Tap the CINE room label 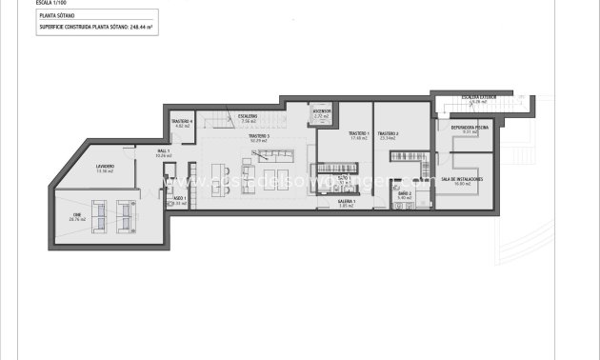pyautogui.click(x=78, y=216)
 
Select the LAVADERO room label pyautogui.click(x=105, y=167)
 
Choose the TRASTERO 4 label pyautogui.click(x=183, y=122)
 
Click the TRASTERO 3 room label pyautogui.click(x=259, y=136)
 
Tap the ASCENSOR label pyautogui.click(x=321, y=111)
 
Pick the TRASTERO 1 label pyautogui.click(x=358, y=133)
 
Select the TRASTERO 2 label pyautogui.click(x=388, y=133)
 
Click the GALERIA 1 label pyautogui.click(x=347, y=202)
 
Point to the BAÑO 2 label pyautogui.click(x=404, y=193)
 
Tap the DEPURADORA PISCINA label pyautogui.click(x=468, y=127)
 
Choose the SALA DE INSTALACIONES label pyautogui.click(x=468, y=179)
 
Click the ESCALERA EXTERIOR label pyautogui.click(x=473, y=97)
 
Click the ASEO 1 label pyautogui.click(x=178, y=200)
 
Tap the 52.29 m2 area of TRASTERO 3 pyautogui.click(x=259, y=141)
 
